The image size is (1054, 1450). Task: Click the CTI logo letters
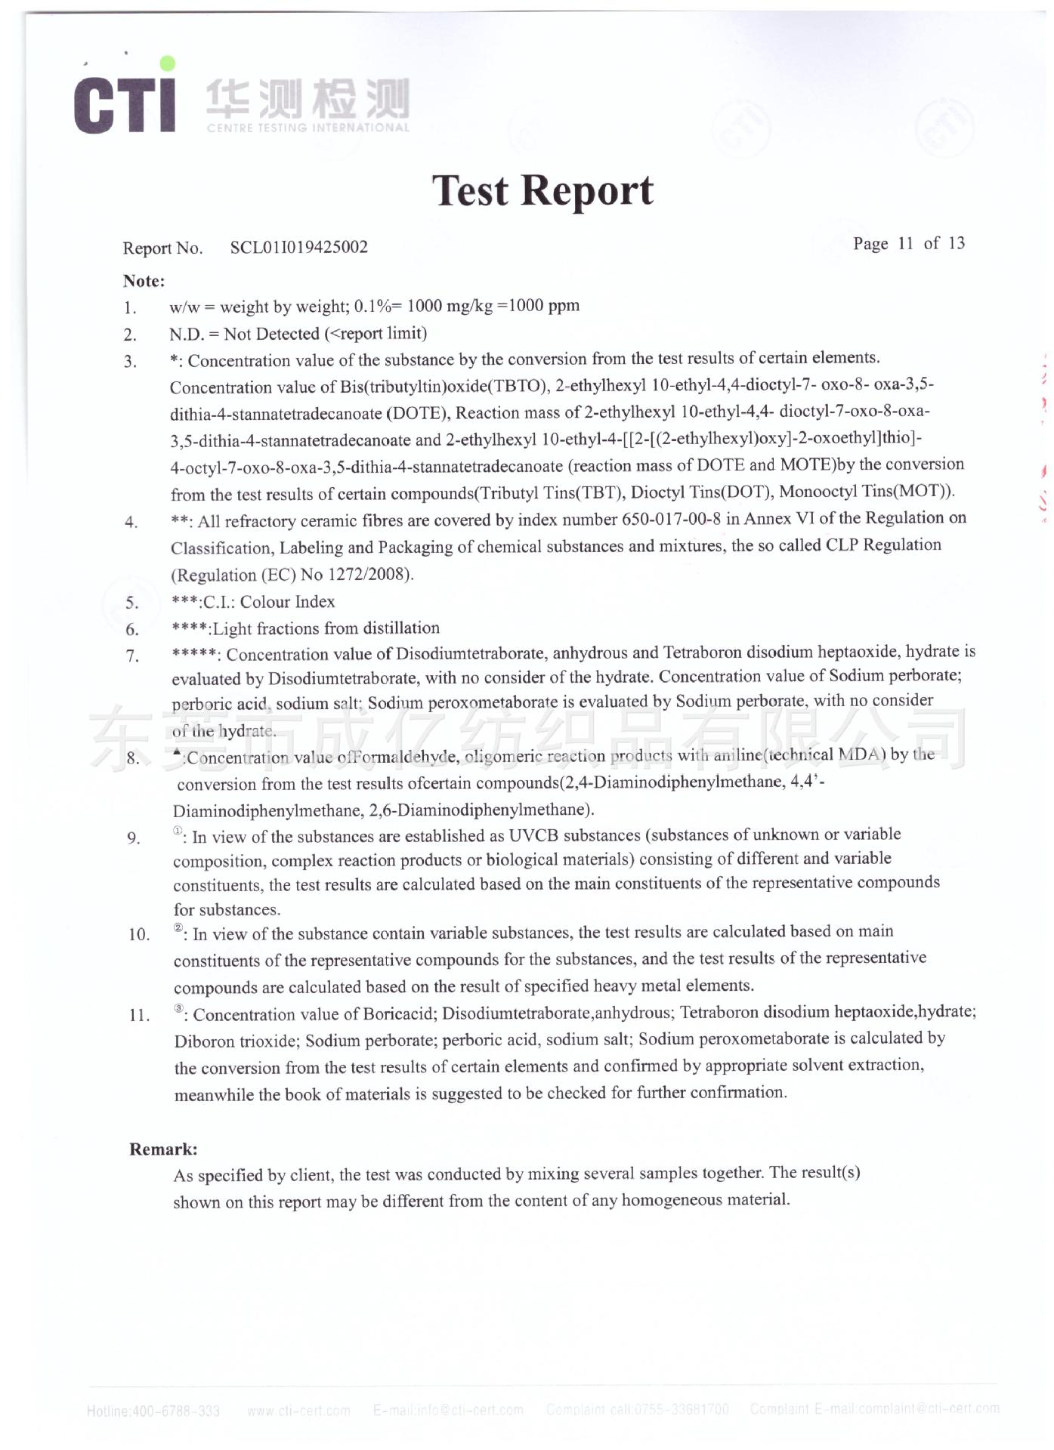pyautogui.click(x=125, y=103)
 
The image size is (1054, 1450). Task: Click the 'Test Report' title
pyautogui.click(x=542, y=190)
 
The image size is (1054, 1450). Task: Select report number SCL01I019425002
pyautogui.click(x=299, y=247)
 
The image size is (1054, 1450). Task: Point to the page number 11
pyautogui.click(x=905, y=243)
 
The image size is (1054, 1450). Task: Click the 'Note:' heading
pyautogui.click(x=144, y=281)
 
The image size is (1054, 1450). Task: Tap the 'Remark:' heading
pyautogui.click(x=163, y=1149)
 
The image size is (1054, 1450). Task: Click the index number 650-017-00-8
pyautogui.click(x=671, y=520)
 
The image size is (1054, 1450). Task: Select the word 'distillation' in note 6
pyautogui.click(x=401, y=628)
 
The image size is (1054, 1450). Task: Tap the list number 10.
pyautogui.click(x=139, y=935)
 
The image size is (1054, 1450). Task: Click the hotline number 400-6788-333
pyautogui.click(x=175, y=1411)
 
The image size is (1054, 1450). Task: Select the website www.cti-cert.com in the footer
pyautogui.click(x=298, y=1411)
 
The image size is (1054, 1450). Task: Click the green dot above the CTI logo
pyautogui.click(x=168, y=63)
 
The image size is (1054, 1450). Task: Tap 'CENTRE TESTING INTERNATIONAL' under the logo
pyautogui.click(x=308, y=128)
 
